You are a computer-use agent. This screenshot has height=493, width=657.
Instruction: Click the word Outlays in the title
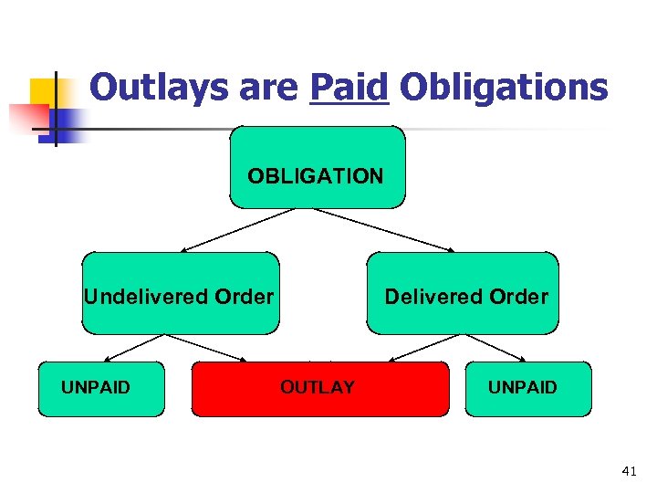pyautogui.click(x=154, y=88)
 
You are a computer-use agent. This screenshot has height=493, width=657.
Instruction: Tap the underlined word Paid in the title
pyautogui.click(x=349, y=88)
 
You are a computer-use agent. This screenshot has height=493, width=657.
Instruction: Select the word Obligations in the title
pyautogui.click(x=503, y=88)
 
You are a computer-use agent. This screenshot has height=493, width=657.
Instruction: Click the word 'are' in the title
pyautogui.click(x=266, y=88)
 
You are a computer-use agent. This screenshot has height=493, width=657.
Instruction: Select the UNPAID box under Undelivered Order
pyautogui.click(x=101, y=388)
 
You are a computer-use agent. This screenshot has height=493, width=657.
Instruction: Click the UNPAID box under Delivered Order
pyautogui.click(x=527, y=388)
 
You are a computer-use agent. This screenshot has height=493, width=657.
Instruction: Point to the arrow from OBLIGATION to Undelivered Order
pyautogui.click(x=236, y=229)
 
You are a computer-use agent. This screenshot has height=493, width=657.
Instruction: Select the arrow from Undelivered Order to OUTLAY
pyautogui.click(x=208, y=347)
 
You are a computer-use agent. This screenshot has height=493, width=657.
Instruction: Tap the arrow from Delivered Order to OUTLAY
pyautogui.click(x=425, y=347)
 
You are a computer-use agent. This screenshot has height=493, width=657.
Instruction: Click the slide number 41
pyautogui.click(x=628, y=472)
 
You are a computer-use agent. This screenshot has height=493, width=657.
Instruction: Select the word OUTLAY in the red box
pyautogui.click(x=318, y=388)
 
